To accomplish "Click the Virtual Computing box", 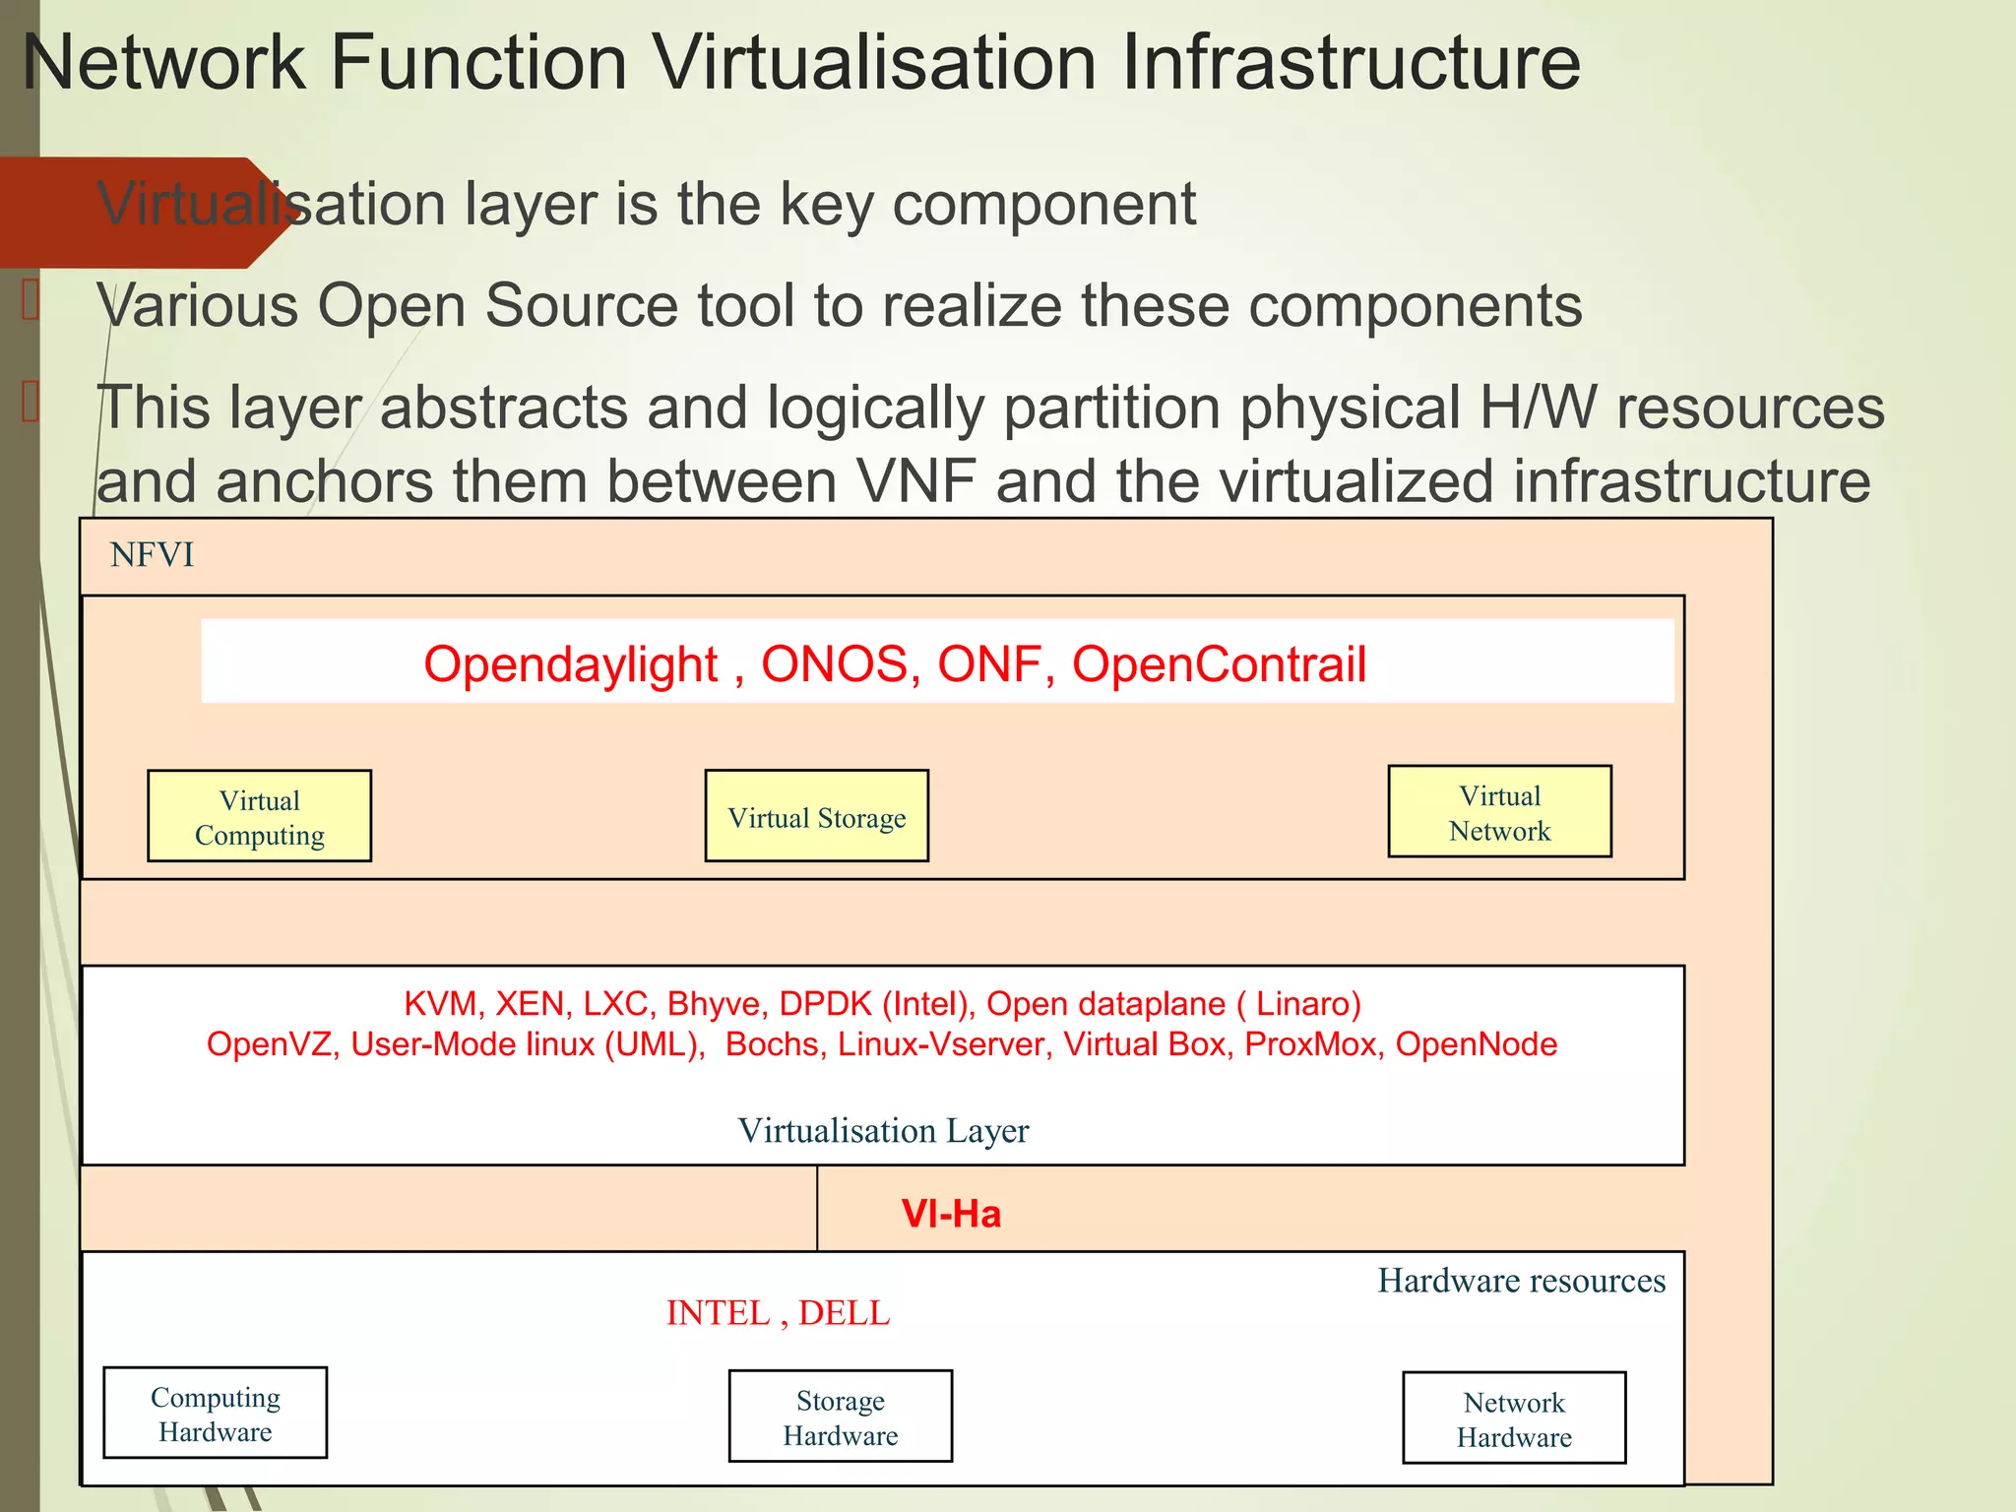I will click(x=259, y=816).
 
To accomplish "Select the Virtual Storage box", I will click(x=816, y=817).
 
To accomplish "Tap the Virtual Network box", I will click(x=1499, y=812).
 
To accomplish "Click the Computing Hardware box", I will click(x=215, y=1414).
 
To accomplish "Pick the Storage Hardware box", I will click(x=840, y=1417).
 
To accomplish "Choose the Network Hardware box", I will click(x=1513, y=1418).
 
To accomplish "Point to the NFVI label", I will click(x=152, y=555).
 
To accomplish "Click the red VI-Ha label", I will click(x=951, y=1214).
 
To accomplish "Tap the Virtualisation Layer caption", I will click(x=883, y=1130).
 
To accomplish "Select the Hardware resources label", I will click(x=1521, y=1280).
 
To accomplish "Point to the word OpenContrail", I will click(x=1219, y=663).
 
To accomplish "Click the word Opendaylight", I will click(x=570, y=663).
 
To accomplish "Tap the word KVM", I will click(x=441, y=1003).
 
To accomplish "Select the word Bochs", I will click(x=772, y=1043).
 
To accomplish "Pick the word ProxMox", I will click(x=1310, y=1043).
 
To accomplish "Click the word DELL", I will click(x=844, y=1312).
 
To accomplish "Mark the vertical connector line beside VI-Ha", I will click(x=817, y=1208).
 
